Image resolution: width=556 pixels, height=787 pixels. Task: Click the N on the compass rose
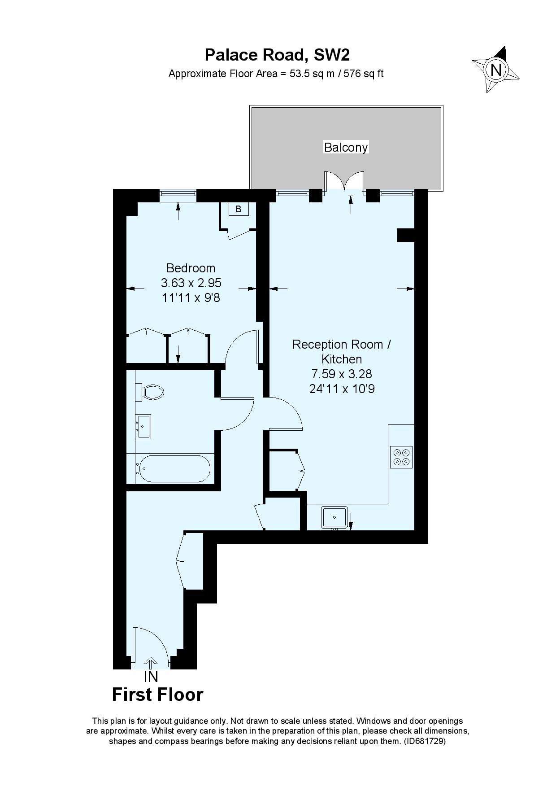point(495,70)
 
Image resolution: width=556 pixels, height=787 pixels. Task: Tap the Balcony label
point(346,147)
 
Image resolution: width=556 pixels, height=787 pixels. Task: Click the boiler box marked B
point(239,209)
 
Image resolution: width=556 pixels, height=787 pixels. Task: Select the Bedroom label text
point(191,268)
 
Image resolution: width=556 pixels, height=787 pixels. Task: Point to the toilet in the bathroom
point(152,392)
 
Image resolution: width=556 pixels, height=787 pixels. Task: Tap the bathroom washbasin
point(144,426)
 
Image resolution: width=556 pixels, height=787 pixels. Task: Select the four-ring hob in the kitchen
point(401,457)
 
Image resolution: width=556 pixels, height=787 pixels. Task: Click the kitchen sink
point(334,517)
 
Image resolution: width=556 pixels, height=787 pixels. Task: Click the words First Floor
point(157,695)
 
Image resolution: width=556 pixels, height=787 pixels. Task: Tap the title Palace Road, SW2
point(277,55)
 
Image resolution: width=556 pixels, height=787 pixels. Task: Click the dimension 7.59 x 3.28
point(341,374)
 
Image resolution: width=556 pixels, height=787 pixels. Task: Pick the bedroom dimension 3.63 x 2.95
point(191,283)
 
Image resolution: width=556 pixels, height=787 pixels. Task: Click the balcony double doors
point(344,180)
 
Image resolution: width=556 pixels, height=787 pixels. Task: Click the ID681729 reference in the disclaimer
point(424,742)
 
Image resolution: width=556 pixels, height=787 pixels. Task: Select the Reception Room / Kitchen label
point(341,351)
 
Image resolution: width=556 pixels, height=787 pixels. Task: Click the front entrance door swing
point(150,644)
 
